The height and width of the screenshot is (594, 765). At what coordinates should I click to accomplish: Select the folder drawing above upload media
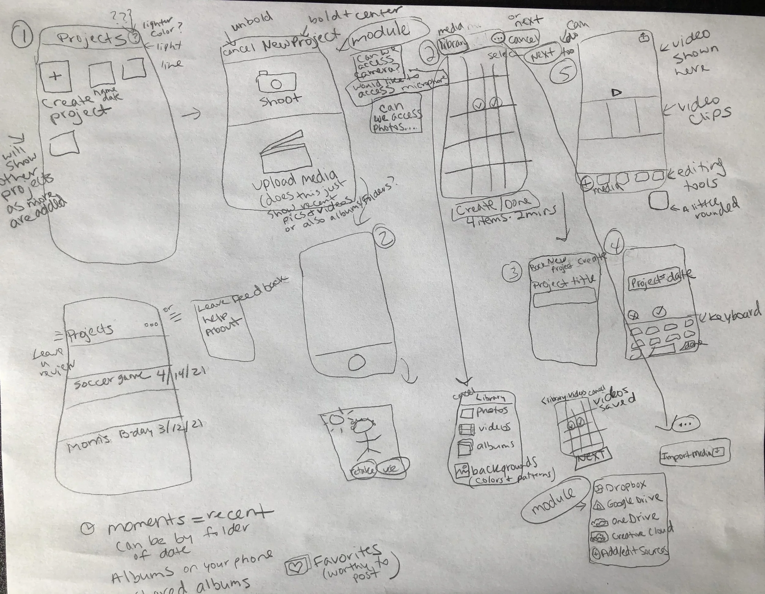click(x=285, y=154)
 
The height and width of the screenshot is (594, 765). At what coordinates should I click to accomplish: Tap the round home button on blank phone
click(x=357, y=363)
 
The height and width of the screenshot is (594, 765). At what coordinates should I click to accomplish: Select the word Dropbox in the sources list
click(x=625, y=486)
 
